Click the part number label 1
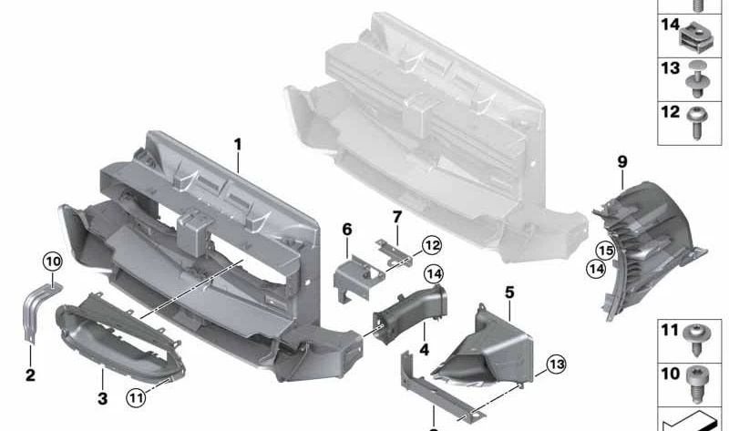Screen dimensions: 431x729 238,144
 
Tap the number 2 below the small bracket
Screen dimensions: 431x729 29,375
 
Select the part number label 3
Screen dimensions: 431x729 102,398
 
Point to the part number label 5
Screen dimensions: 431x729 509,292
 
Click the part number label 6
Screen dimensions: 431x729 346,230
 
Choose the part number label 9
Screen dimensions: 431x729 622,161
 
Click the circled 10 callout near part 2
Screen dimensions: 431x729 52,262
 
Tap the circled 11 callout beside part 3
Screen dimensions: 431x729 138,395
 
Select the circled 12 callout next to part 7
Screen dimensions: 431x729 431,244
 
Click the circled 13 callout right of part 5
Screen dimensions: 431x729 557,365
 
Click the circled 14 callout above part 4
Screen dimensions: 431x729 432,272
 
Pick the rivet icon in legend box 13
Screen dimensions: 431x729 700,79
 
